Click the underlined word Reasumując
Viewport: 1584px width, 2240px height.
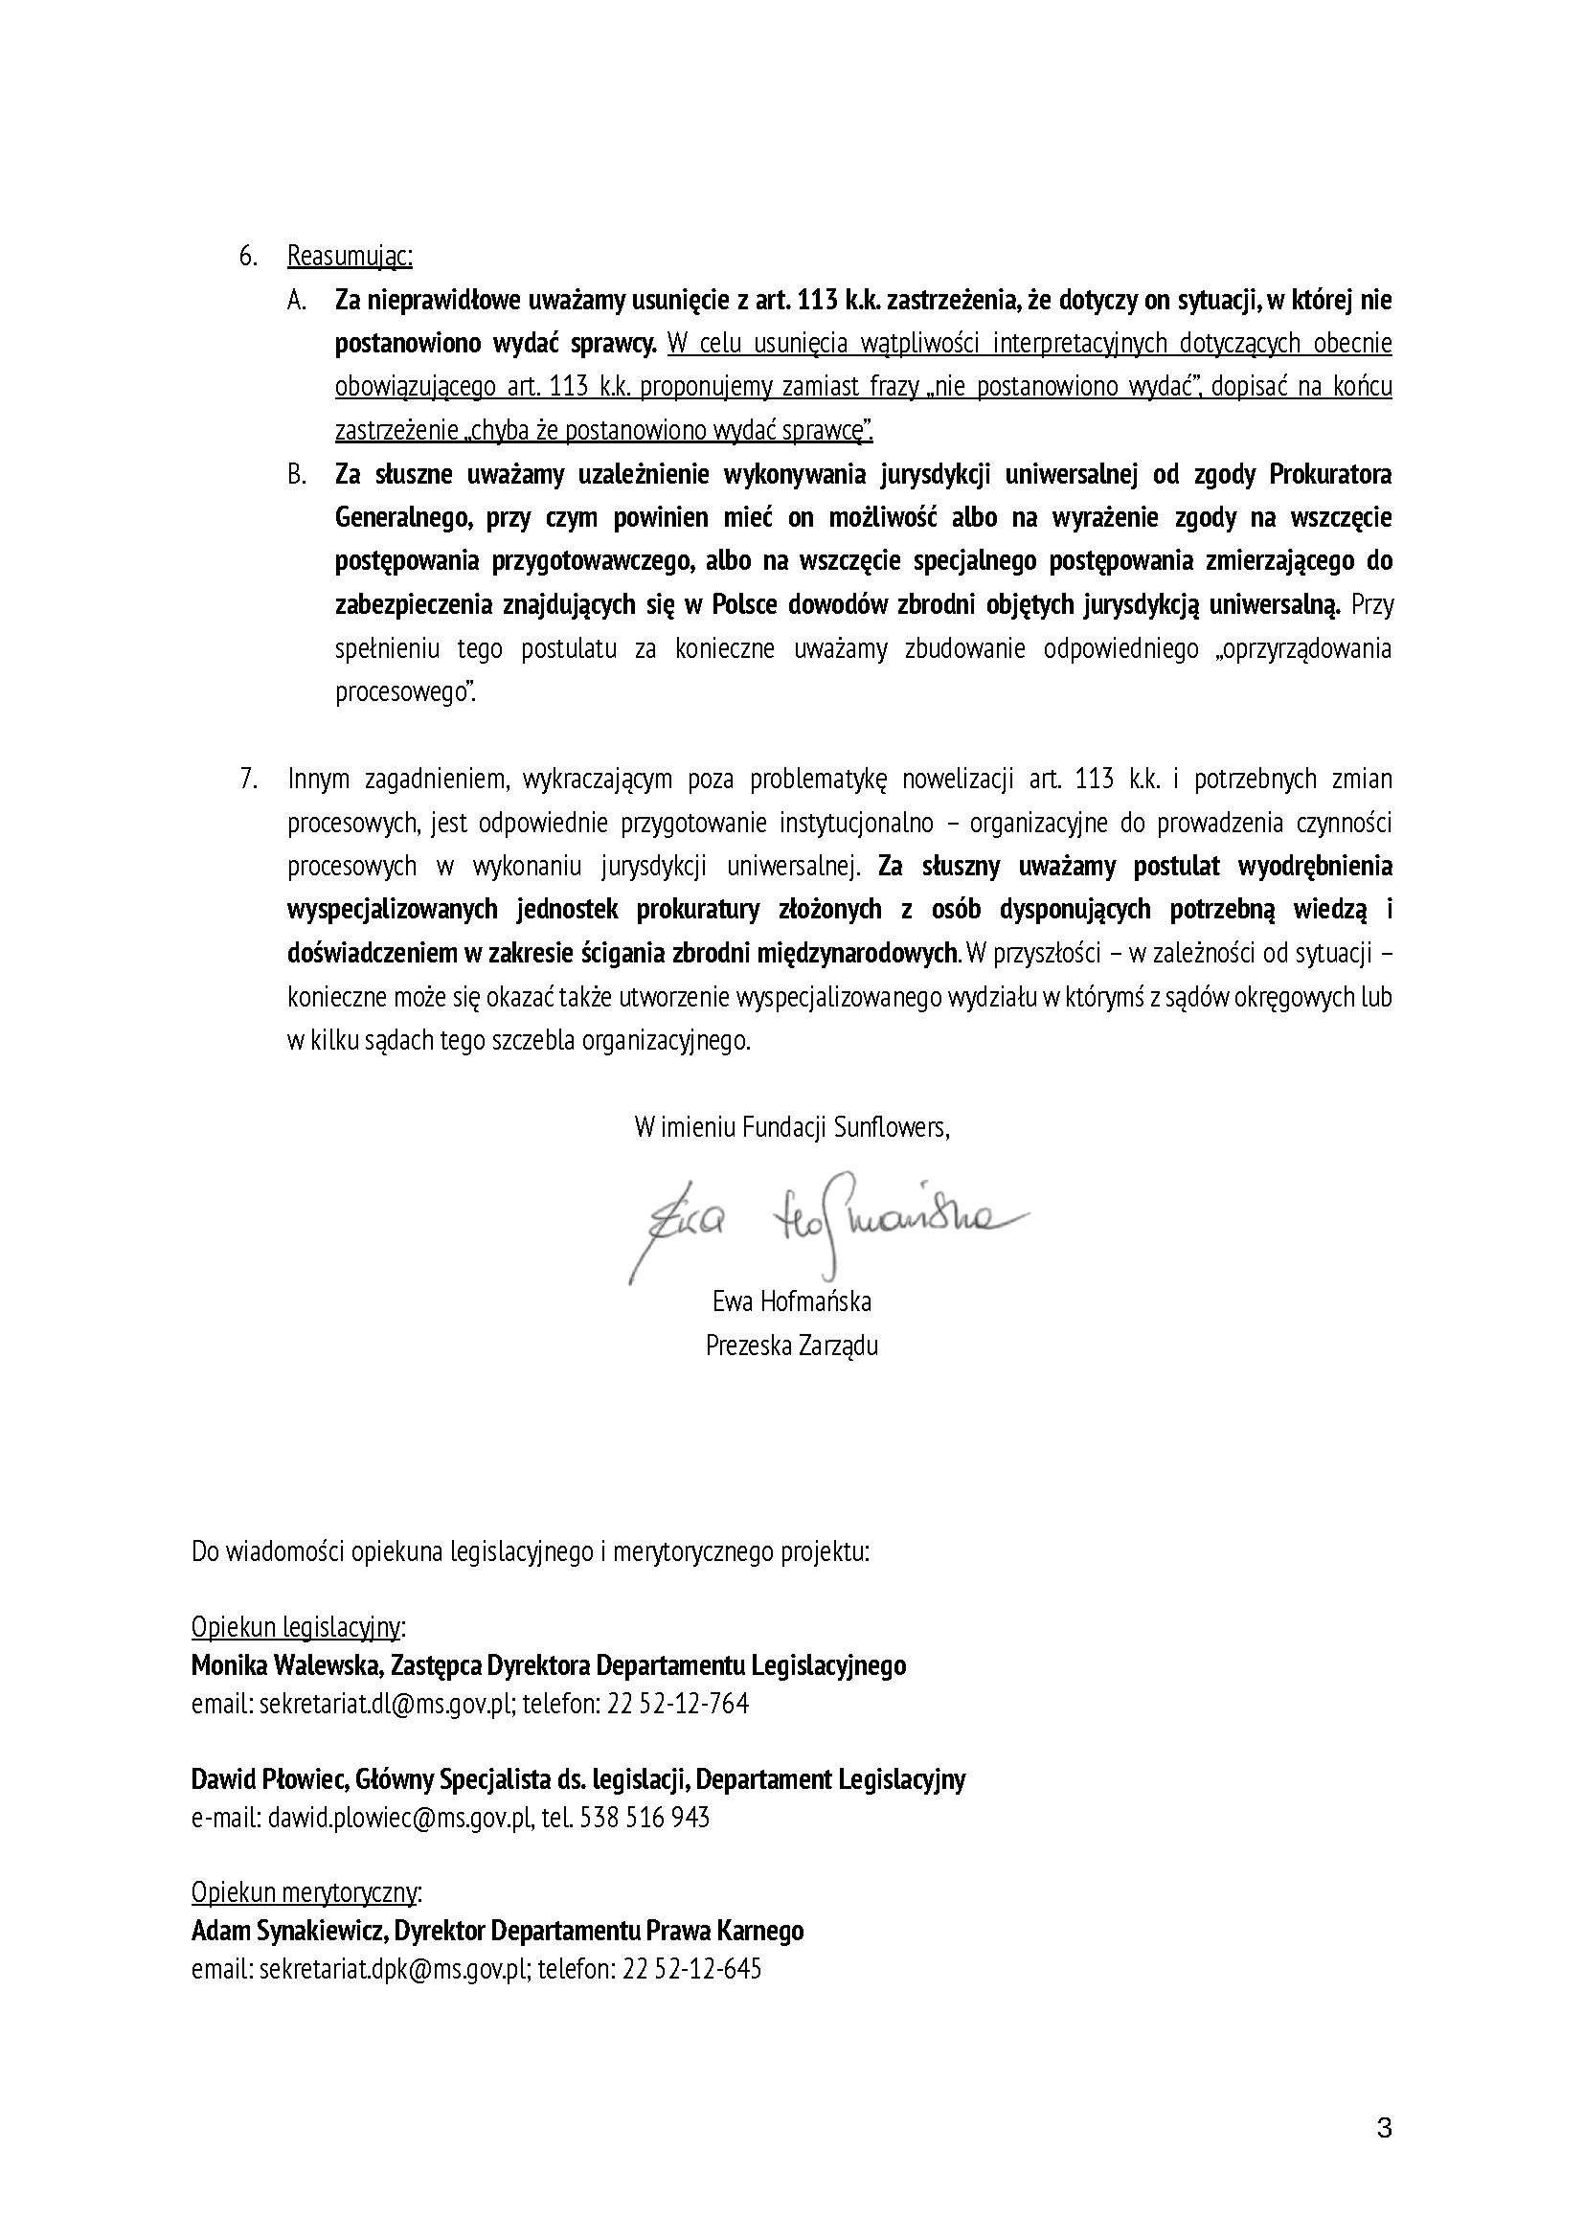pos(350,257)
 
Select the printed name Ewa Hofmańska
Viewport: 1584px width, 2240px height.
pos(792,1301)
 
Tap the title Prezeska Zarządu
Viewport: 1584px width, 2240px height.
pos(792,1346)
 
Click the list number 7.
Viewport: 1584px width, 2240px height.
pos(248,780)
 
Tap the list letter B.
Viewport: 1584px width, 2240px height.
pos(297,475)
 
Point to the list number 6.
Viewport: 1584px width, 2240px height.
pos(248,257)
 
